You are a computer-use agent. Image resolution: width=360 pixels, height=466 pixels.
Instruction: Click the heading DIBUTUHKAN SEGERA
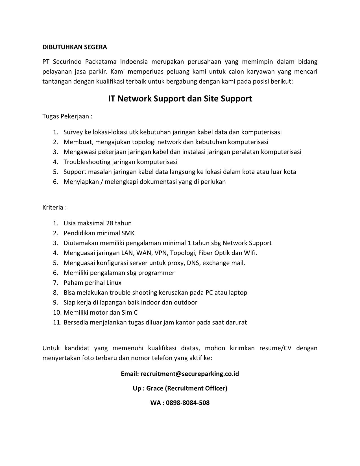75,47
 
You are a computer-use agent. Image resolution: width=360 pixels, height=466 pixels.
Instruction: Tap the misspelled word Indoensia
134,62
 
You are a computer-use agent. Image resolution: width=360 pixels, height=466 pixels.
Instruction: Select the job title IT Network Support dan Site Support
180,99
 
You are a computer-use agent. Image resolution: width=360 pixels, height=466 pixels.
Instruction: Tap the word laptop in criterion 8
238,293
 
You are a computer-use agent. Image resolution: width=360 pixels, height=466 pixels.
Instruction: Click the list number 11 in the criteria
57,322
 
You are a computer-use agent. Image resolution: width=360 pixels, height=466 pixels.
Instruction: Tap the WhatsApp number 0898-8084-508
188,402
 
